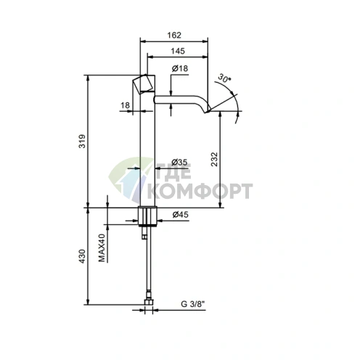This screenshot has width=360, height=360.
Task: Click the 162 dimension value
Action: coord(174,36)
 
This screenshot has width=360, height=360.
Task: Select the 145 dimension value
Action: coord(178,51)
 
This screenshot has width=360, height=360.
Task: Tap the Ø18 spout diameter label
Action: coord(180,68)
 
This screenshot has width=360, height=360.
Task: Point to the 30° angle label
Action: coord(224,78)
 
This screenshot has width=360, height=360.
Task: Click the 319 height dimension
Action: coord(82,141)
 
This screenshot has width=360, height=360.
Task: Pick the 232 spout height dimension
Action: coord(214,159)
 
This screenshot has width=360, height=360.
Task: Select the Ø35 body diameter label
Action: coord(179,162)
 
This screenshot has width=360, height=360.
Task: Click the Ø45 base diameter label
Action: coord(180,214)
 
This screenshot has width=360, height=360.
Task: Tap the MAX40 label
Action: coord(102,247)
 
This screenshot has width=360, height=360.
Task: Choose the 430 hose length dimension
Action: coord(82,256)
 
